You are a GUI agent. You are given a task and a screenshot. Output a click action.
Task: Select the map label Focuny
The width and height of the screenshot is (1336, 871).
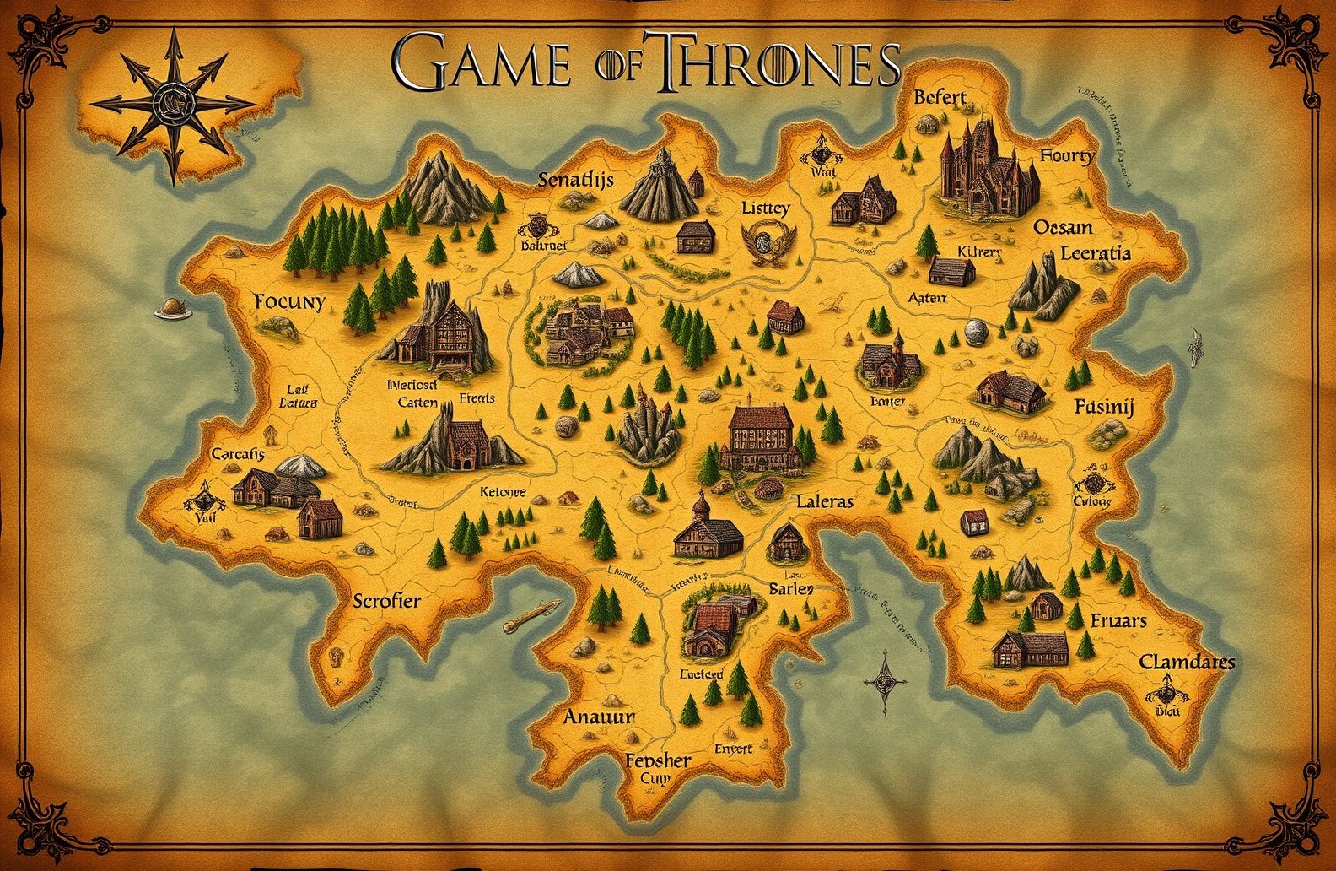tap(288, 302)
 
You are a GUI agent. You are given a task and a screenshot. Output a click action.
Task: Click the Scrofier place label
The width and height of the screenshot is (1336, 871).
tap(386, 601)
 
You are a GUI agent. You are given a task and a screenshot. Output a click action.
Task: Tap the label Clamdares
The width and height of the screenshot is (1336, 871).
tap(1187, 662)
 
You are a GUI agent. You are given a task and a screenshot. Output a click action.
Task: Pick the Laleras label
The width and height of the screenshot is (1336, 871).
tap(824, 501)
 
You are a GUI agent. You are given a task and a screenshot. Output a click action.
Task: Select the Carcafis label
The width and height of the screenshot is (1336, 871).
tap(238, 454)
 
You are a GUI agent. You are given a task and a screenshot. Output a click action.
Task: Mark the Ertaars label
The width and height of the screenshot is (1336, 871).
tap(1118, 620)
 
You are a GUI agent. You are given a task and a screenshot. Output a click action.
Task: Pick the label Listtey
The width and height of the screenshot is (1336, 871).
tap(766, 208)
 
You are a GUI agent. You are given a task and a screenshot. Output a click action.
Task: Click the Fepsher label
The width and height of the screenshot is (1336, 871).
tap(659, 760)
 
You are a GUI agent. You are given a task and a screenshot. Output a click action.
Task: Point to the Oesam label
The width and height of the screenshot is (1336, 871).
tap(1062, 228)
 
